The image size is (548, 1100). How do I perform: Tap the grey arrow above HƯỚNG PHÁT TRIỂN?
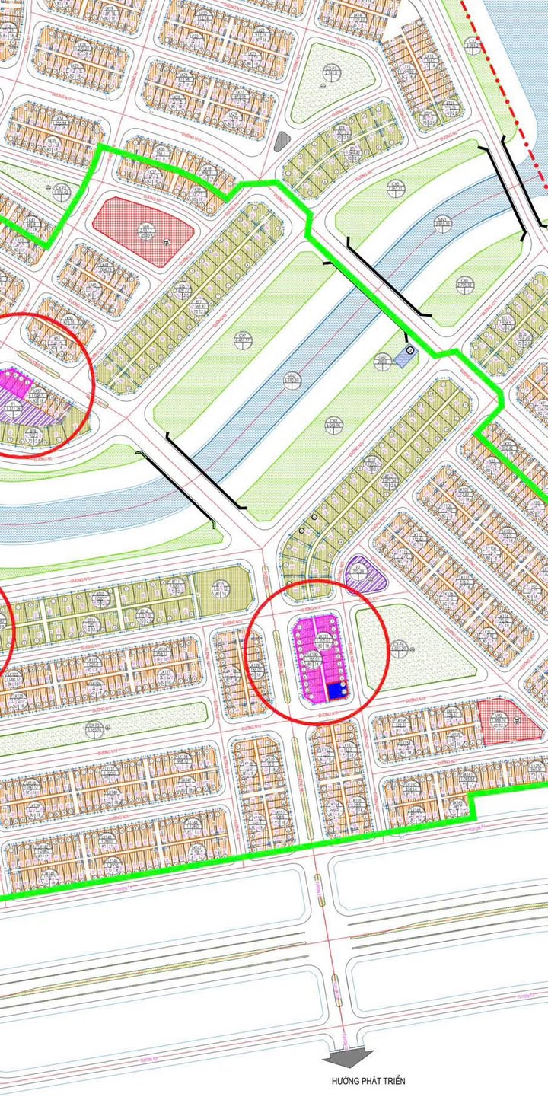click(x=348, y=1057)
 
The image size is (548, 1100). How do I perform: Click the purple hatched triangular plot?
click(x=365, y=571)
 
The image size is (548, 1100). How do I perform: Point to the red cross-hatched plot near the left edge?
click(x=142, y=231)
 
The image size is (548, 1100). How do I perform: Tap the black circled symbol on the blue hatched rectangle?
click(x=409, y=350)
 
